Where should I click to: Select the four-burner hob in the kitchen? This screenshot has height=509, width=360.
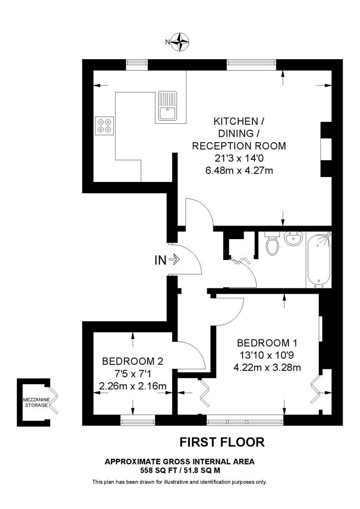[x=104, y=125]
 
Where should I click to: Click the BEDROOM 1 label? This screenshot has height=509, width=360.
[x=263, y=343]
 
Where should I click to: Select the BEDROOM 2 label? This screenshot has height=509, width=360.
[x=132, y=361]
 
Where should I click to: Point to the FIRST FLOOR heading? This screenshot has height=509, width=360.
[x=221, y=442]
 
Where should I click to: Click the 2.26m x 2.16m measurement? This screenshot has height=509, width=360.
[x=132, y=386]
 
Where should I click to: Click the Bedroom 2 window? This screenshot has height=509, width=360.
[x=135, y=422]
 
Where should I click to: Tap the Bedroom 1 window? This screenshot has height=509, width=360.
[x=244, y=422]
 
